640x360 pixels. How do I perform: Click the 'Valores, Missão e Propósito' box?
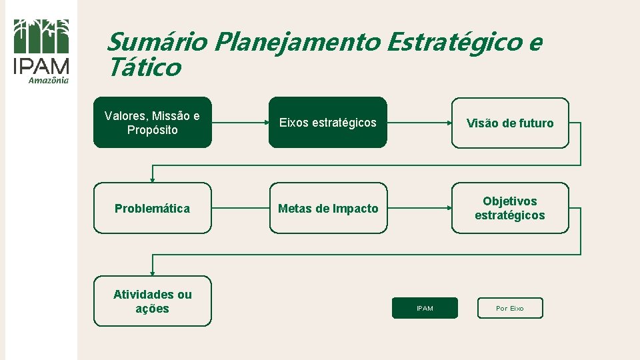pos(152,123)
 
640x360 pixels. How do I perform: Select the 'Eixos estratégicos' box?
pos(327,123)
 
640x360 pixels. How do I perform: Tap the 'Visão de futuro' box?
pos(510,123)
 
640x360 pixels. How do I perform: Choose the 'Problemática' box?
pos(152,208)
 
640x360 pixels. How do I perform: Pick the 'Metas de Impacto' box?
pos(327,208)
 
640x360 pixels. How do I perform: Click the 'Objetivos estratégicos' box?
pos(510,208)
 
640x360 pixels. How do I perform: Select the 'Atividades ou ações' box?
pos(152,301)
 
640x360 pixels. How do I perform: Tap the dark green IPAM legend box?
pos(425,308)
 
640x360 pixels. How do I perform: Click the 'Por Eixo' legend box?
pos(510,308)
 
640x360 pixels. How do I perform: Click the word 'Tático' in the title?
pos(143,67)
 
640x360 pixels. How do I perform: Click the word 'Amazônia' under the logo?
pos(48,81)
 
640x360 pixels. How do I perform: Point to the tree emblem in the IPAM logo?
pos(41,36)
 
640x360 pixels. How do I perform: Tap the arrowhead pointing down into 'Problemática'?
pos(152,179)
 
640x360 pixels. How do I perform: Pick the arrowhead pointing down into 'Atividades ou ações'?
pos(152,273)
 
